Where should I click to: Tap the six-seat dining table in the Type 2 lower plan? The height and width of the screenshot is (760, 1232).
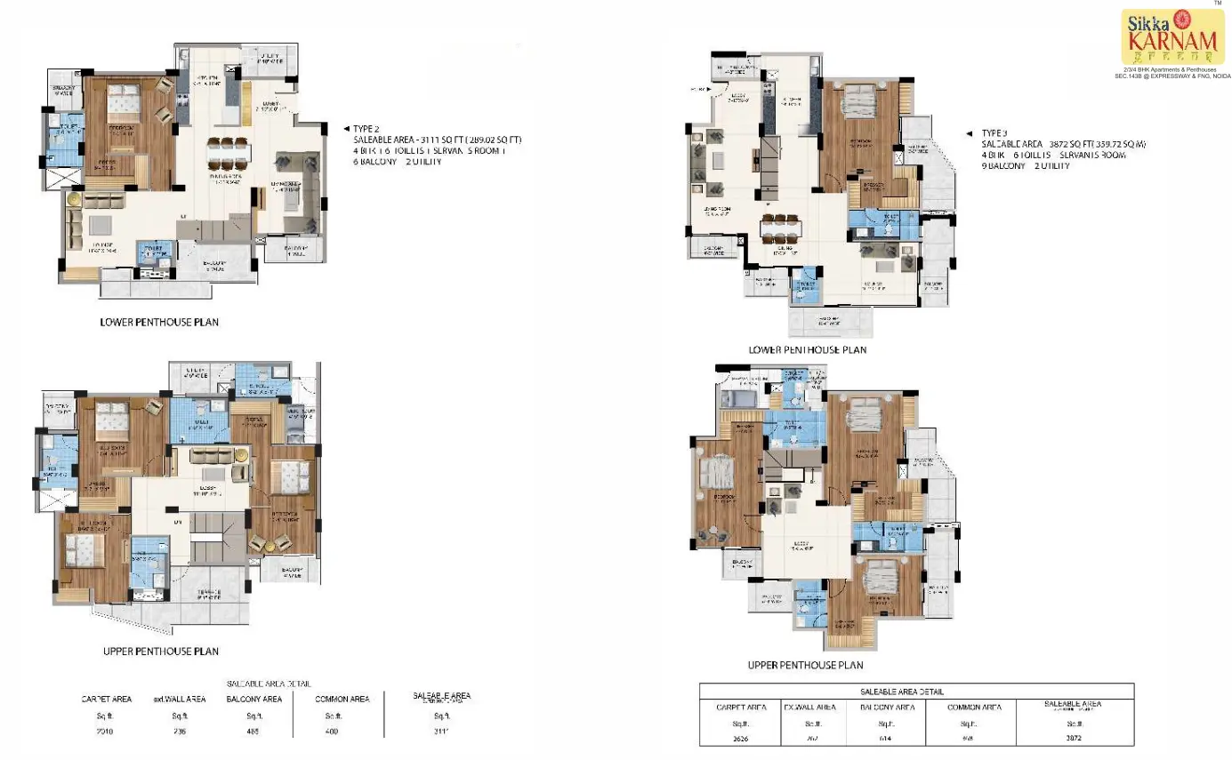click(227, 153)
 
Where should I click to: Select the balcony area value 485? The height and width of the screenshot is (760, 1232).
click(254, 732)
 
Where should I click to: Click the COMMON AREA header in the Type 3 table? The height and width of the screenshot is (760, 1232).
click(975, 707)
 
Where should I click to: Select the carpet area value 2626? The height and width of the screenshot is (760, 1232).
click(741, 738)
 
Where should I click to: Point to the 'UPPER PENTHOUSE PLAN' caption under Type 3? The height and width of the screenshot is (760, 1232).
click(805, 665)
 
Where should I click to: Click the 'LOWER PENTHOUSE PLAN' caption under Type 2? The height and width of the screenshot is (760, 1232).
click(159, 323)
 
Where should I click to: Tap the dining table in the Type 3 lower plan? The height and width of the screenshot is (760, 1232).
click(781, 228)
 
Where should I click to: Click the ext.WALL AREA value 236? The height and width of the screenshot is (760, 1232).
click(181, 732)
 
